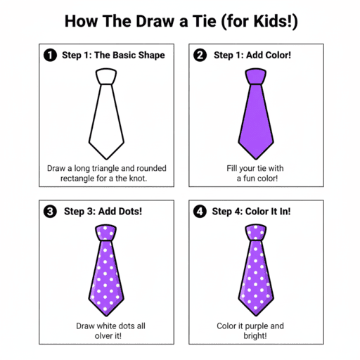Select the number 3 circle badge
point(49,210)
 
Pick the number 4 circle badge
point(199,210)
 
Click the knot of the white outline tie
point(105,76)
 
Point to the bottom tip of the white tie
point(105,157)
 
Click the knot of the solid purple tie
point(256,76)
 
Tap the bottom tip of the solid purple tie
point(256,157)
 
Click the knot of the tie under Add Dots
point(105,231)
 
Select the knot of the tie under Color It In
point(256,231)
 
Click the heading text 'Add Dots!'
point(121,211)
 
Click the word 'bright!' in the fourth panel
point(256,336)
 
